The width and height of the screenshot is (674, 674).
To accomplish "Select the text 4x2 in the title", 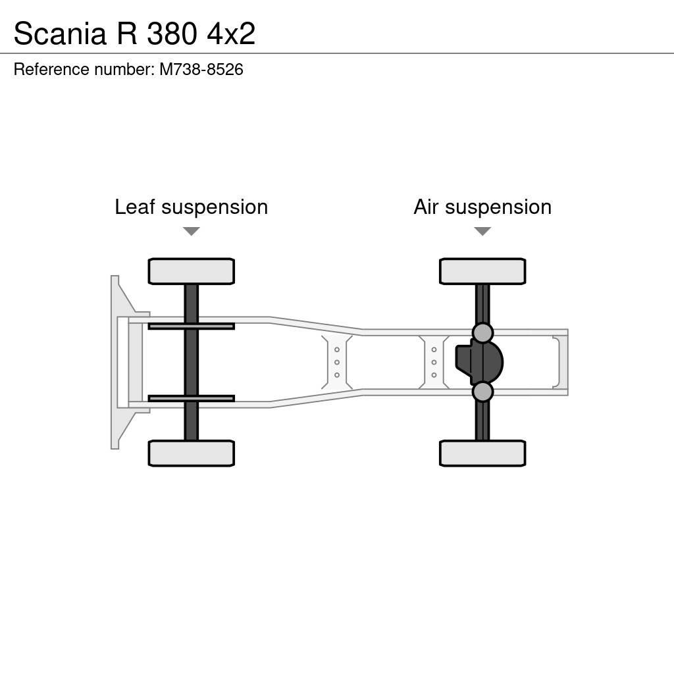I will pyautogui.click(x=231, y=34).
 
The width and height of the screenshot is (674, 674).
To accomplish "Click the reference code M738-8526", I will pyautogui.click(x=201, y=70).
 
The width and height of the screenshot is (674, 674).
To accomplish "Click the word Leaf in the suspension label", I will pyautogui.click(x=134, y=207).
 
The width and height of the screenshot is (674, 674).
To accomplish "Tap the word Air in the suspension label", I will pyautogui.click(x=427, y=207).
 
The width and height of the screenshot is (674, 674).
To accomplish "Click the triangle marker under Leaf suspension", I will pyautogui.click(x=192, y=232).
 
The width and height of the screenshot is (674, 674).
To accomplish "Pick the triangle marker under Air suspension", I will pyautogui.click(x=482, y=232).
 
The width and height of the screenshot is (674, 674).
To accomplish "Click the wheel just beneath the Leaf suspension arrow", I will pyautogui.click(x=191, y=271).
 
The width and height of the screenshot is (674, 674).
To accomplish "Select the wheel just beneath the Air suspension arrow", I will pyautogui.click(x=482, y=271).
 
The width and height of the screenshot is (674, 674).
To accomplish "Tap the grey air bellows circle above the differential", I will pyautogui.click(x=482, y=333).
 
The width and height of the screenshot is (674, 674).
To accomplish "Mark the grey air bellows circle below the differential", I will pyautogui.click(x=482, y=392).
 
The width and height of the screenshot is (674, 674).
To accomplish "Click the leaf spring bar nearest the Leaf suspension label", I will pyautogui.click(x=191, y=326).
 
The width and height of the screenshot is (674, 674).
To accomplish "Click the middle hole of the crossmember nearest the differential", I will pyautogui.click(x=434, y=362).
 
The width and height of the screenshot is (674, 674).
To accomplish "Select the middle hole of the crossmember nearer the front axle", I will pyautogui.click(x=337, y=362).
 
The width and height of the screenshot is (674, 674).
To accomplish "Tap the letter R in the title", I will pyautogui.click(x=126, y=34).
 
